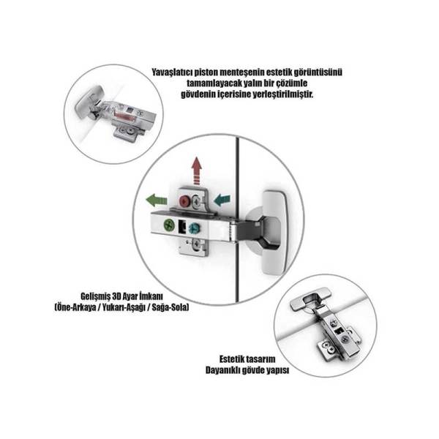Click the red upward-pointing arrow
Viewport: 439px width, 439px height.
pyautogui.click(x=197, y=170)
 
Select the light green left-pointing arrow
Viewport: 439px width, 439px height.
pyautogui.click(x=157, y=200)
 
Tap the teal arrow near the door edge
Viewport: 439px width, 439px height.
pyautogui.click(x=222, y=200)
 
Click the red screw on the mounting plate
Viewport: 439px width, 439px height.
pyautogui.click(x=184, y=201)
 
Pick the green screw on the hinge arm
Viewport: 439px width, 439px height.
pyautogui.click(x=169, y=225)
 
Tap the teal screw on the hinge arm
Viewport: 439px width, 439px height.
pyautogui.click(x=193, y=228)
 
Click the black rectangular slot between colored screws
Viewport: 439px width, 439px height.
pyautogui.click(x=182, y=227)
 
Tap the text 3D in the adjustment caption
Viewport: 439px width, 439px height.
pyautogui.click(x=116, y=296)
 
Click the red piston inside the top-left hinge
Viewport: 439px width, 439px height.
pyautogui.click(x=123, y=115)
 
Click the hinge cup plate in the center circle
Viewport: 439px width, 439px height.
pyautogui.click(x=274, y=233)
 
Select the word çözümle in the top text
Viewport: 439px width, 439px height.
pyautogui.click(x=292, y=83)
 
